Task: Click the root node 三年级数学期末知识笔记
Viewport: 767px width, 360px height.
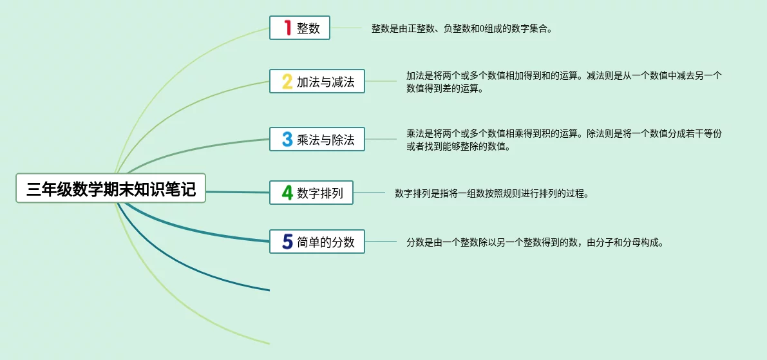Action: coord(111,188)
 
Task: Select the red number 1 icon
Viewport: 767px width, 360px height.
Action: coord(288,28)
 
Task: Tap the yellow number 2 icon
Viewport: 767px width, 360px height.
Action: coord(288,81)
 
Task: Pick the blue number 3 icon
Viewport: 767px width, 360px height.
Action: coord(288,139)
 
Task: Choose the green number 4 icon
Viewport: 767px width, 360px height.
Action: coord(288,192)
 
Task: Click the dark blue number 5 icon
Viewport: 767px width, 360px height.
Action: coord(288,241)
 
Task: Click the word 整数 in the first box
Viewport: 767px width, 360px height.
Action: coord(308,28)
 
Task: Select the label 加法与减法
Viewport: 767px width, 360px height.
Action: coord(325,82)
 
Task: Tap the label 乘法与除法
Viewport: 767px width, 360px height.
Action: coord(325,139)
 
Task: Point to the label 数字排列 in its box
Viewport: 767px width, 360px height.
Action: coord(320,193)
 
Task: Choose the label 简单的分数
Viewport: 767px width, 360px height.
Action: coord(325,242)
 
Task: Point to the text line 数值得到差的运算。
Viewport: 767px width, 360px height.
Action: coord(444,89)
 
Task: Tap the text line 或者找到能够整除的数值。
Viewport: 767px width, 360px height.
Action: coord(458,147)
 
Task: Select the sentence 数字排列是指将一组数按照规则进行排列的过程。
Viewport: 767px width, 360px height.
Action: coord(491,193)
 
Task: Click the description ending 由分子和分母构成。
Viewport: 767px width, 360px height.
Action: coord(535,242)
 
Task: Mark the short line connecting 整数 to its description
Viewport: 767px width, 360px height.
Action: coord(346,28)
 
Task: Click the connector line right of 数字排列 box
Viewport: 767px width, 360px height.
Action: coord(369,193)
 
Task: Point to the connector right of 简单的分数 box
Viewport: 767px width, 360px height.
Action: coord(381,242)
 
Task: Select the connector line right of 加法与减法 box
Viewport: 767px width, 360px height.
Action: coord(381,81)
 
